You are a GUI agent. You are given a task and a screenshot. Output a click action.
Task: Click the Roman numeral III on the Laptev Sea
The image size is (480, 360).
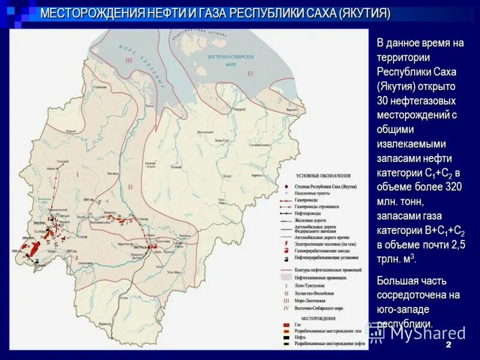128,61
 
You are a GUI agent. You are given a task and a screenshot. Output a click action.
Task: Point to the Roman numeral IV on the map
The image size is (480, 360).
250,73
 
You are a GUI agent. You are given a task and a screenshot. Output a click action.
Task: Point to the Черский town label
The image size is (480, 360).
291,111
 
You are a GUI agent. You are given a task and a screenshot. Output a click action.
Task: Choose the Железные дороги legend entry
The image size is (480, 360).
312,221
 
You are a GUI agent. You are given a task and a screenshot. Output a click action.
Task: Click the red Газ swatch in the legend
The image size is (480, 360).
287,323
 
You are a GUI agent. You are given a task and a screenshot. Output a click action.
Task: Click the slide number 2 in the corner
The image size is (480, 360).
449,347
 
